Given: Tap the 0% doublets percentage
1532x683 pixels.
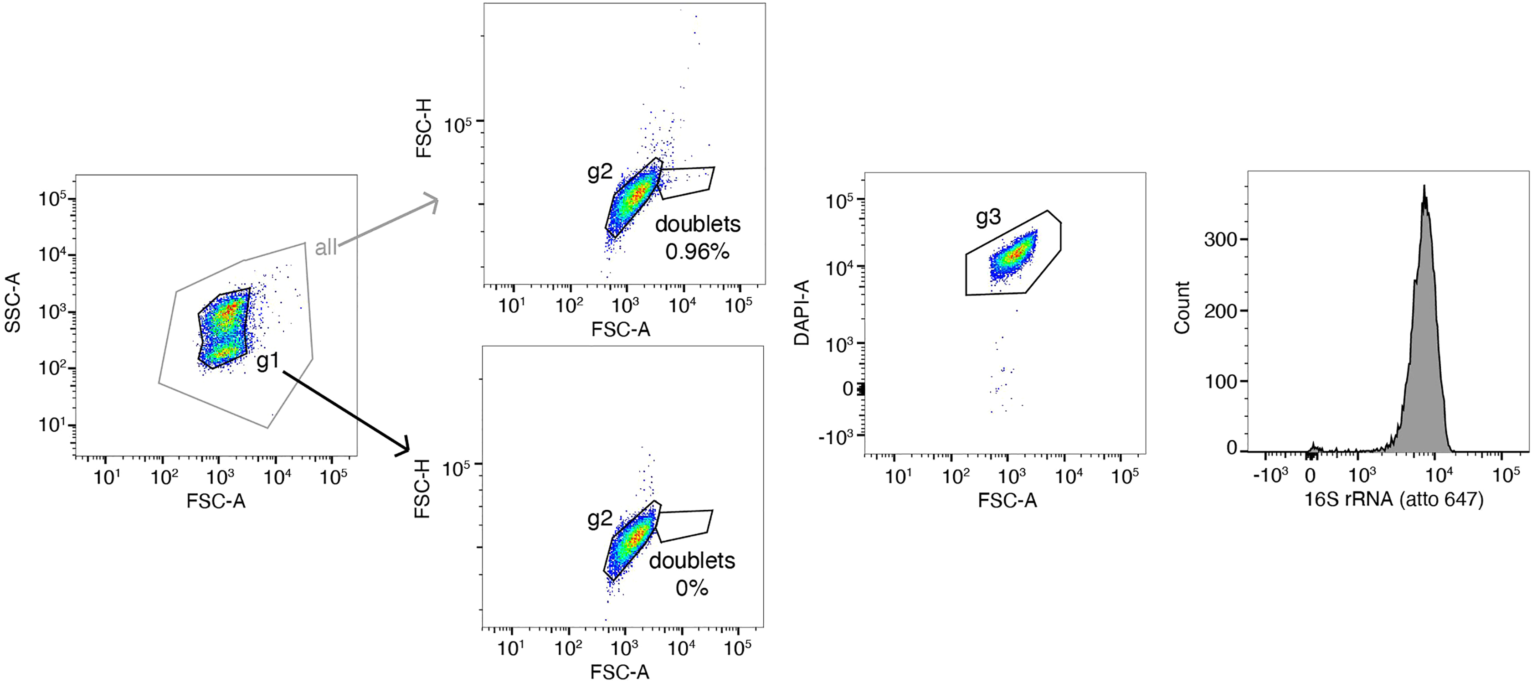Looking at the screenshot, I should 691,589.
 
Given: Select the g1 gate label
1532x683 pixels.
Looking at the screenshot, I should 267,361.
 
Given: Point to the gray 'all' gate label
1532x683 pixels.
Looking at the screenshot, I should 325,247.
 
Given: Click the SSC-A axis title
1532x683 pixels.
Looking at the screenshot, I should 13,302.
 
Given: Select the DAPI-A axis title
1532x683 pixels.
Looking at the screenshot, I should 802,312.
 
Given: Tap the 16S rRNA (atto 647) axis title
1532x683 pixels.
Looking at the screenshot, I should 1393,498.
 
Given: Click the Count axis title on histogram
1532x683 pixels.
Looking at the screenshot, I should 1182,308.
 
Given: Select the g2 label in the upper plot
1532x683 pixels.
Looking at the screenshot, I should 600,172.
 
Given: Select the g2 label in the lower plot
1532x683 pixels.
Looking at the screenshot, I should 600,519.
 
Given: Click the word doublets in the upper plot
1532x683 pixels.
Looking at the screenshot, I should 698,224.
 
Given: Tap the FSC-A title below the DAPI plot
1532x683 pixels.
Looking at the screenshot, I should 1007,500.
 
